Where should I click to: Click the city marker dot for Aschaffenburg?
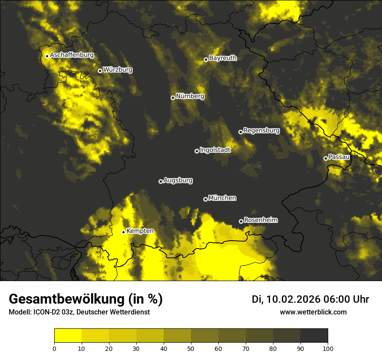point(47,56)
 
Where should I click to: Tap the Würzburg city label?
point(118,69)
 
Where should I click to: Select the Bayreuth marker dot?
point(206,59)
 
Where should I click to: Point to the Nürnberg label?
point(190,96)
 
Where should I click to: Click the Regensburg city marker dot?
point(240,132)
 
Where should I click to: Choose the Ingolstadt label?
point(215,150)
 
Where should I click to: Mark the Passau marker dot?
point(326,158)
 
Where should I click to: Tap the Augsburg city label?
point(178,180)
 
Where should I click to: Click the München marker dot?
point(205,199)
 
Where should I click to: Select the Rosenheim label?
point(260,220)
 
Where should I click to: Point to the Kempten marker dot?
point(123,232)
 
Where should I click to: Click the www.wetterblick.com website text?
point(313,312)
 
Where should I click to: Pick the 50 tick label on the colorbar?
point(191,348)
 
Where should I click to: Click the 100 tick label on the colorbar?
point(328,348)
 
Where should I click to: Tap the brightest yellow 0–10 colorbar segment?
point(68,336)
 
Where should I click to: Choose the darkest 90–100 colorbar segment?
point(314,336)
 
